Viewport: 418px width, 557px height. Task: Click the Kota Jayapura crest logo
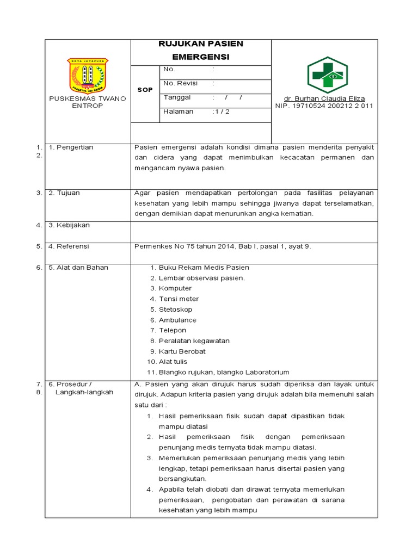point(88,76)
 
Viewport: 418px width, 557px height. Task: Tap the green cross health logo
point(328,75)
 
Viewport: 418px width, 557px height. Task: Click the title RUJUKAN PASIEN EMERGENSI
point(201,50)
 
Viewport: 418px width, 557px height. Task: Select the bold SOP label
point(145,90)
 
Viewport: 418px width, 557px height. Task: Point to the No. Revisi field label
point(180,83)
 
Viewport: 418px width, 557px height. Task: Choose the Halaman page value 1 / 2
point(222,112)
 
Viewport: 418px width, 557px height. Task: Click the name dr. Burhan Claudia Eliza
point(324,98)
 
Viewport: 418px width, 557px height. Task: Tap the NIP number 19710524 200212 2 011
point(324,106)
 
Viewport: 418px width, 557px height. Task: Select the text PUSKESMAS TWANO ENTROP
point(88,102)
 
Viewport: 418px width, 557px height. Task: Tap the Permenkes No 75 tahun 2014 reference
point(223,246)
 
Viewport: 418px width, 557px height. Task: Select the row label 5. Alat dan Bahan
point(78,268)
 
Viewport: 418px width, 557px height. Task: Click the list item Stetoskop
point(175,310)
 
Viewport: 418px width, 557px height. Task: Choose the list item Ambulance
point(177,320)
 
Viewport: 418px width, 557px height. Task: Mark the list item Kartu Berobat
point(182,351)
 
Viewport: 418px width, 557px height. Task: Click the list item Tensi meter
point(179,299)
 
